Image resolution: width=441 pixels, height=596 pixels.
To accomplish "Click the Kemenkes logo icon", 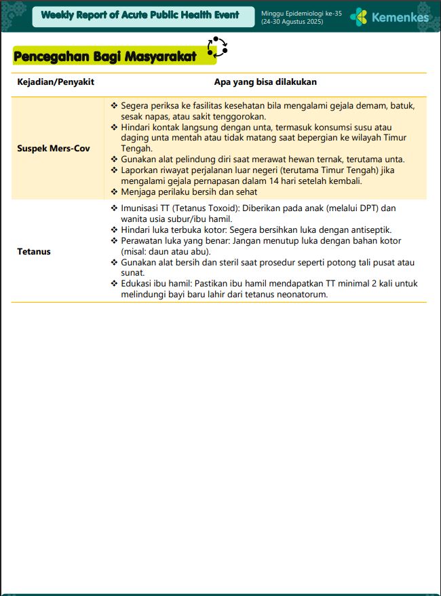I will (x=359, y=17).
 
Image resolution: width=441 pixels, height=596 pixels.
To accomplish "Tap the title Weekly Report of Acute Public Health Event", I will (x=140, y=15).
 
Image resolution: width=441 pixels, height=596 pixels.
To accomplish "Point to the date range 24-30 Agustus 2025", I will (x=292, y=22).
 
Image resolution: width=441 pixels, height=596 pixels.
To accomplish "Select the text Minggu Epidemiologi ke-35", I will (x=301, y=13).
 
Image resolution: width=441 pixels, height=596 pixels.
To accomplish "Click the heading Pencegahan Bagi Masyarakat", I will (x=104, y=56).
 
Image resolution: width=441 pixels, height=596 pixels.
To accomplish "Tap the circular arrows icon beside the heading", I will (x=217, y=48).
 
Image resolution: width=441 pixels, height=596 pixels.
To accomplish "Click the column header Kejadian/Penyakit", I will (x=56, y=82).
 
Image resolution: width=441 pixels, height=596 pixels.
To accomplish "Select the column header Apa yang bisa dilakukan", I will (x=265, y=82).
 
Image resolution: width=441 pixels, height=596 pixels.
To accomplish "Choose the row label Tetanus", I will (x=34, y=251).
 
